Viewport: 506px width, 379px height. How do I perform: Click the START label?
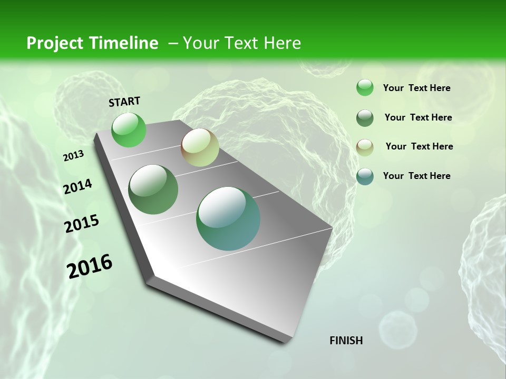(x=124, y=102)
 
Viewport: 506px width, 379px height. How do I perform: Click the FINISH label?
(x=346, y=341)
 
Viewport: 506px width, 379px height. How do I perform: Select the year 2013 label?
(x=73, y=156)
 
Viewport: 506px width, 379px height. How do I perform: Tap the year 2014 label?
(x=77, y=186)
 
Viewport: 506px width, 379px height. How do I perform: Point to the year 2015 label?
(x=82, y=224)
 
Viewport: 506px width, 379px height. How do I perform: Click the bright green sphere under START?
(x=129, y=129)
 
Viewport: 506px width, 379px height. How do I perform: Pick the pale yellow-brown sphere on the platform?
(x=200, y=147)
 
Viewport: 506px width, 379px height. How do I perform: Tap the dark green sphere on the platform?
(x=153, y=189)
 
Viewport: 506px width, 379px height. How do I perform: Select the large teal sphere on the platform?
(x=228, y=218)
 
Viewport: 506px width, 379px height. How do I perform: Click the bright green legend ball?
(x=365, y=88)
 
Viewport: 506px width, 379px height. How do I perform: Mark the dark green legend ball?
(x=365, y=118)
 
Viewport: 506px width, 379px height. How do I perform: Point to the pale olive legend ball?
(x=365, y=147)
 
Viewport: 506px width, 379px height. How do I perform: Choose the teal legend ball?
(x=365, y=176)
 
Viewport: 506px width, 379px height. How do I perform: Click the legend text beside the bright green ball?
(x=416, y=88)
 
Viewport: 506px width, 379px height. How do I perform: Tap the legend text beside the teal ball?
(x=416, y=176)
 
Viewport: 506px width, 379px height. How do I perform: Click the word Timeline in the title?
(x=124, y=43)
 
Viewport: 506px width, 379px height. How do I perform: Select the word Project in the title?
(x=55, y=43)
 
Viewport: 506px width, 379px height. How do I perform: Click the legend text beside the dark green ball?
(x=418, y=117)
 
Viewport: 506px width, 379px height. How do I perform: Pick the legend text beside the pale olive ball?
(x=419, y=146)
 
